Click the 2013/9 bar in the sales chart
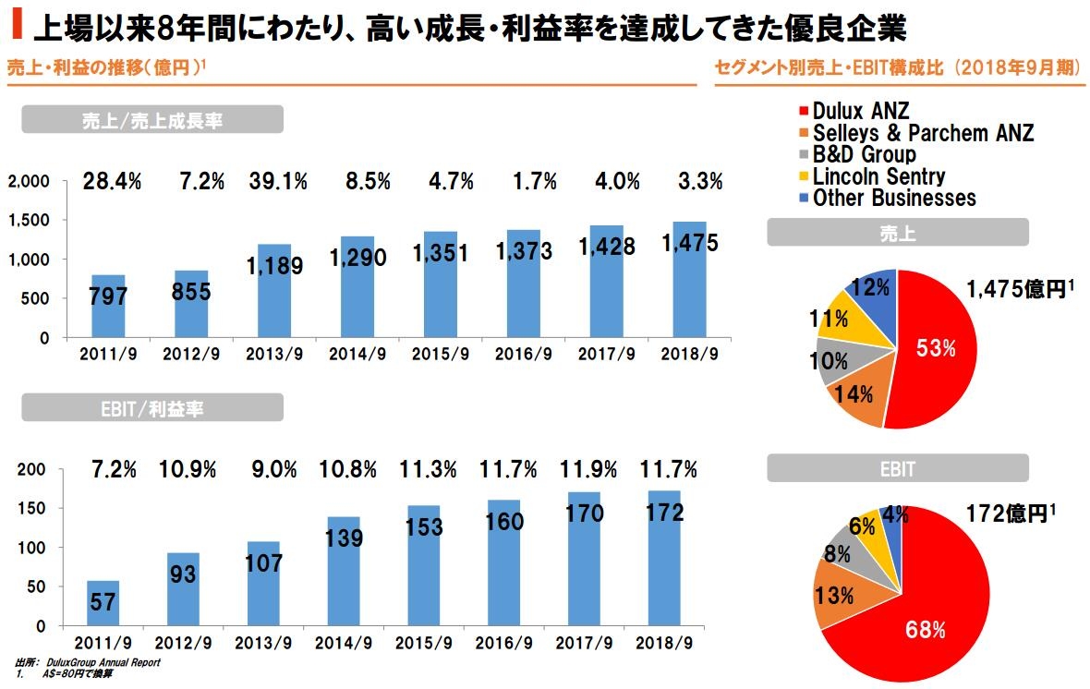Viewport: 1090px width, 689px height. [x=274, y=291]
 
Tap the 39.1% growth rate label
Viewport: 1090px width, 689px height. [x=277, y=182]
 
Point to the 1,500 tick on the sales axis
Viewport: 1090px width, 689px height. [x=32, y=221]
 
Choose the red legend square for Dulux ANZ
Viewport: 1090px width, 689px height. [x=805, y=112]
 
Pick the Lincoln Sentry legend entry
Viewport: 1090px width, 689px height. [x=878, y=175]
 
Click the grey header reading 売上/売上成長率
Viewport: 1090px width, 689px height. [x=151, y=120]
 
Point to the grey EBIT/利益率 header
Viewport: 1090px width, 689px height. [x=151, y=407]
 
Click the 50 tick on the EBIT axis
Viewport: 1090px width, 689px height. [x=38, y=586]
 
